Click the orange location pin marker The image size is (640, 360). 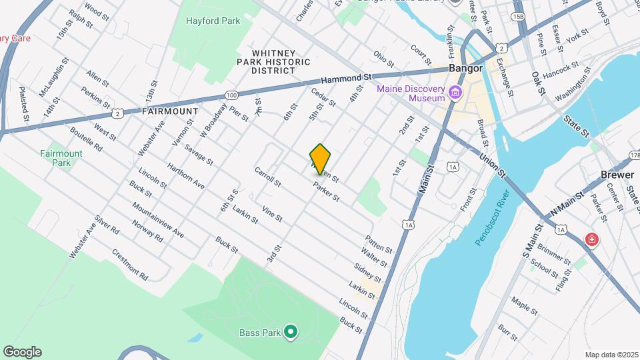pyautogui.click(x=321, y=159)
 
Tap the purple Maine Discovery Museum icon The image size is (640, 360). pyautogui.click(x=456, y=92)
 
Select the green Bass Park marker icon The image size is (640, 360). pyautogui.click(x=290, y=331)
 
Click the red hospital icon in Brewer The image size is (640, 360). pyautogui.click(x=591, y=239)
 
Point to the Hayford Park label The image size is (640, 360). pyautogui.click(x=213, y=21)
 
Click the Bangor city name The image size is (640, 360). pyautogui.click(x=465, y=69)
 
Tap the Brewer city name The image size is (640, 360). pyautogui.click(x=617, y=174)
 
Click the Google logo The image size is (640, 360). pyautogui.click(x=22, y=352)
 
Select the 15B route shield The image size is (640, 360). pyautogui.click(x=519, y=15)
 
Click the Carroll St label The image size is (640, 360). pyautogui.click(x=269, y=176)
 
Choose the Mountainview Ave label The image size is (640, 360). pyautogui.click(x=158, y=220)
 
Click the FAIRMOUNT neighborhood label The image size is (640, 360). pyautogui.click(x=170, y=111)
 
